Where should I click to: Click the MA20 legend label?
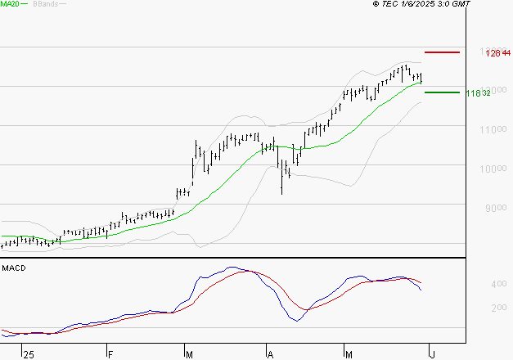click(x=10, y=5)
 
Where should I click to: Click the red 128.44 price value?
click(x=493, y=53)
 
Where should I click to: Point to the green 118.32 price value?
click(x=478, y=93)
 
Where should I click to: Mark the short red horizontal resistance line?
click(x=442, y=52)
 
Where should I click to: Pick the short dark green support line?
click(x=442, y=92)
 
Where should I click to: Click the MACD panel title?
click(x=13, y=268)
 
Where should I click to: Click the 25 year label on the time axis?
click(x=29, y=354)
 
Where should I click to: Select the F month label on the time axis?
click(x=110, y=354)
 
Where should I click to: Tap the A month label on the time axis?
click(x=269, y=354)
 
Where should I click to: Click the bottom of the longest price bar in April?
click(x=281, y=195)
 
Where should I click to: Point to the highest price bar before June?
click(x=406, y=65)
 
